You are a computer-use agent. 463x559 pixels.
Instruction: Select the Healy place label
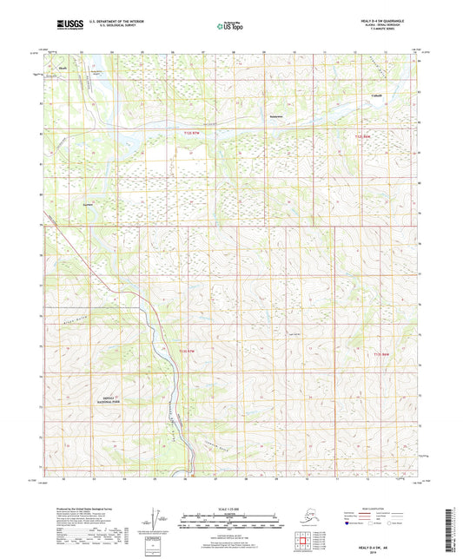63,65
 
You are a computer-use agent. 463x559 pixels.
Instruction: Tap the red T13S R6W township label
383,354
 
